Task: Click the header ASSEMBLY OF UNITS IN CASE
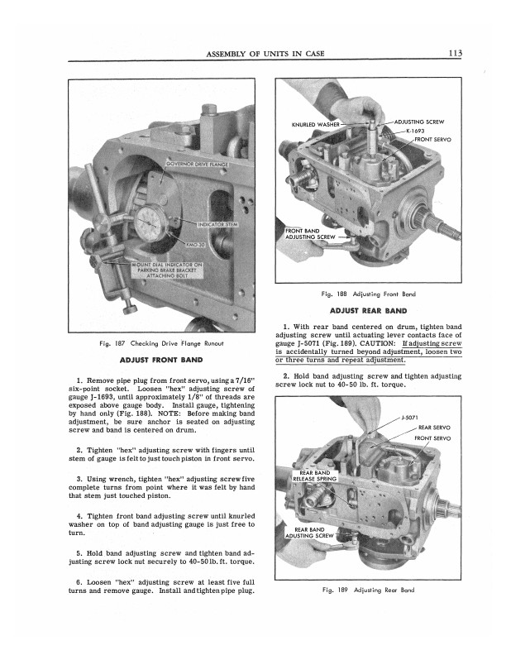(265, 54)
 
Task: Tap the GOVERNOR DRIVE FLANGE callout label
(197, 165)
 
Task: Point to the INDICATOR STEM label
(217, 224)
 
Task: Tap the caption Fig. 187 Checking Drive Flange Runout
(161, 343)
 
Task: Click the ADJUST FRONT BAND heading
(161, 360)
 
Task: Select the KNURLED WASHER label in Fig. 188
(315, 125)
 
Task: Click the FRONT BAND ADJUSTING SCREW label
(310, 233)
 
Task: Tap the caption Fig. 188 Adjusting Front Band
(368, 294)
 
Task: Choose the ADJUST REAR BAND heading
(368, 310)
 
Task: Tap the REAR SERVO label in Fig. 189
(434, 428)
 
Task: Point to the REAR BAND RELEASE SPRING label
(315, 476)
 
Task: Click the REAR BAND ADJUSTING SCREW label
(309, 533)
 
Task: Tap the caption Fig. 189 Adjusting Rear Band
(368, 590)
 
